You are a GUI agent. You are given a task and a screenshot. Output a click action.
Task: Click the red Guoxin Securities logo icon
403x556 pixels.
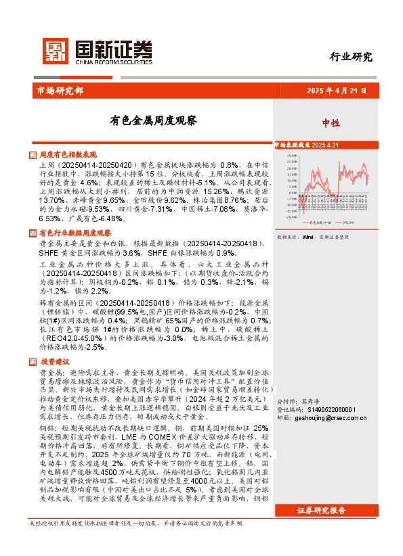coord(55,49)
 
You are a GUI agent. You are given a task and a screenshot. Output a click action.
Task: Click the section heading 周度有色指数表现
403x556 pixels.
coord(68,155)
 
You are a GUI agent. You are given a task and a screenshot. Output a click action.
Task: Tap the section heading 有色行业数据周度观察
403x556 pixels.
coord(75,233)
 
